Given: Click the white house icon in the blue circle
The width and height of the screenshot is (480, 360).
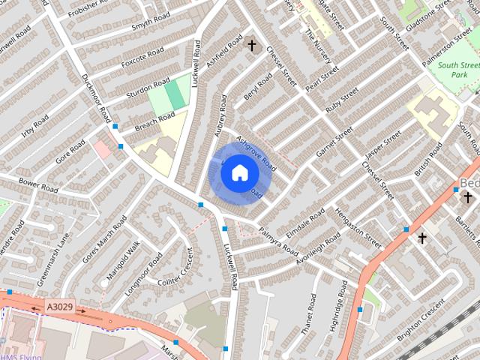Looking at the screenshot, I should [238, 172].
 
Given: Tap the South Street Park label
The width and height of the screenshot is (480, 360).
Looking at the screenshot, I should [459, 70].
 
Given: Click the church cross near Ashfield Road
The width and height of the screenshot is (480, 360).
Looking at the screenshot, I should [251, 46].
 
